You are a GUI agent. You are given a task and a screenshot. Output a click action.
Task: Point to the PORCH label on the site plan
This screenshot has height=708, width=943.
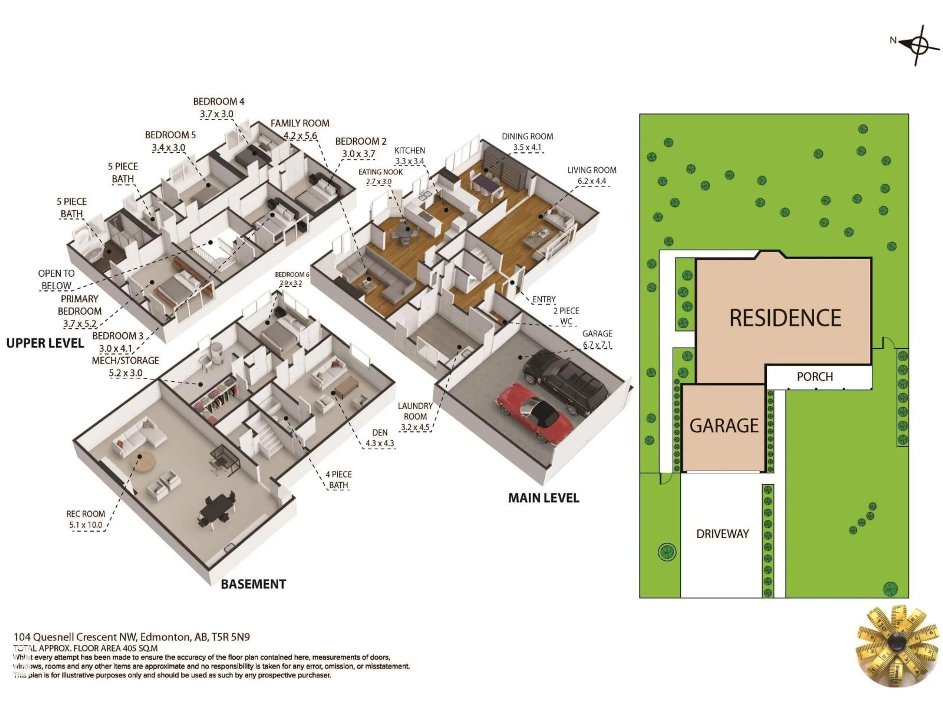(815, 376)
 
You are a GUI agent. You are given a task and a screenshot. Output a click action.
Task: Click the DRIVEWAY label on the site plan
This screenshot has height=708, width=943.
(722, 534)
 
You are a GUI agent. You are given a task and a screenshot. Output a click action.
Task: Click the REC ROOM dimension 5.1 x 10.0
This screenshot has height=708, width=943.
(86, 525)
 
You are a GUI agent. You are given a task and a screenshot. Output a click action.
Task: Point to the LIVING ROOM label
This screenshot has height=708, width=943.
(592, 170)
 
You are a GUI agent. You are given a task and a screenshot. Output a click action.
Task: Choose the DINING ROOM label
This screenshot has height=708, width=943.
(527, 137)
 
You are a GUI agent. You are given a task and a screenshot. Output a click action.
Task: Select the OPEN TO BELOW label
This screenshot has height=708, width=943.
(56, 280)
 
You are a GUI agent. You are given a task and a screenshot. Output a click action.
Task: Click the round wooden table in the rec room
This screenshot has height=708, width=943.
(142, 460)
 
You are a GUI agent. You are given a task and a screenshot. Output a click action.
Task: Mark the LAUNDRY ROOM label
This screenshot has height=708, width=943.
(415, 411)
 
